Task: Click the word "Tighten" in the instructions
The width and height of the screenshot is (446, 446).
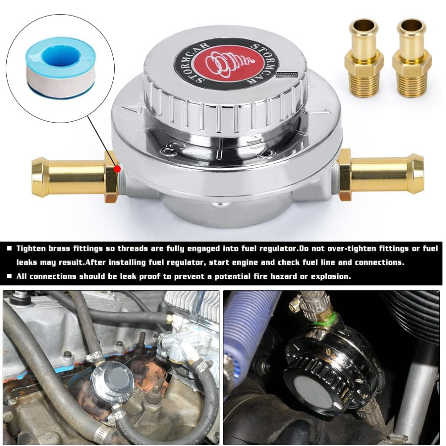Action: (31, 249)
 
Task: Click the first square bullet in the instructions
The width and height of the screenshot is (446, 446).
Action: (9, 248)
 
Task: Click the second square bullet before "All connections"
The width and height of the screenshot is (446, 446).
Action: (9, 276)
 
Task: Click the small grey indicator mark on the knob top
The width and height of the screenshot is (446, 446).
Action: (286, 74)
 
